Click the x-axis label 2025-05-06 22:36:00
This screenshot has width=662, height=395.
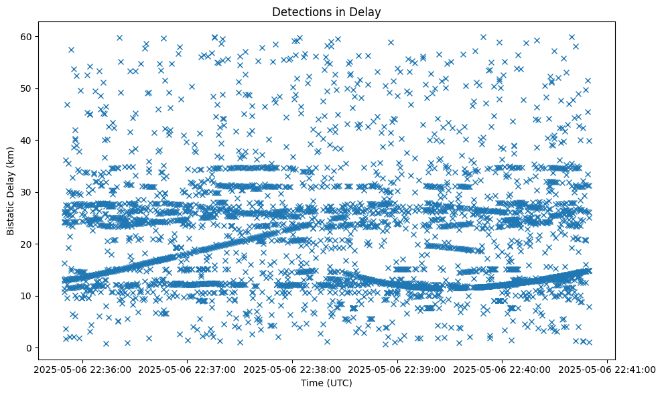coord(82,369)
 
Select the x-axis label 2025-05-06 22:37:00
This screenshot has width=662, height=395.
coord(188,369)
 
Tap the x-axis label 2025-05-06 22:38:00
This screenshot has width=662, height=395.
coord(293,369)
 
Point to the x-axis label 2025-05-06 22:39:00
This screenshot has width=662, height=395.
coord(397,369)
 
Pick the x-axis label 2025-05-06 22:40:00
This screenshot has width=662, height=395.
coord(503,369)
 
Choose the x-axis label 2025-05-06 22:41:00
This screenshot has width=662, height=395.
coord(608,369)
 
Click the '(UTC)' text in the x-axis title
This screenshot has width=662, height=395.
coord(340,384)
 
